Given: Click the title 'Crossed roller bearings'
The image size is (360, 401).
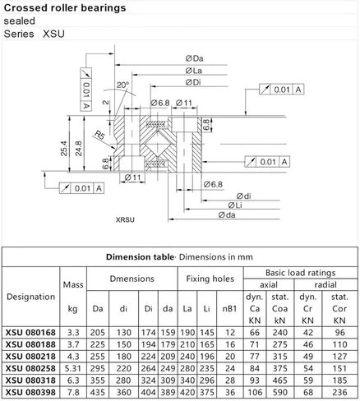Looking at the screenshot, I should tap(65, 7).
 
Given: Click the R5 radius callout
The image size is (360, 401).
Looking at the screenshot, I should tap(99, 131).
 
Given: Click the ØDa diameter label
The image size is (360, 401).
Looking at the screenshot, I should tap(196, 57).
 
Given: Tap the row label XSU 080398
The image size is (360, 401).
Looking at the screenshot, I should tap(30, 393).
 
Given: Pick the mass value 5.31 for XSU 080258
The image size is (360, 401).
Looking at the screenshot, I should tap(72, 369).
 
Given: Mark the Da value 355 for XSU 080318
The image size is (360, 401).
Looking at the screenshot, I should tap(99, 381).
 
